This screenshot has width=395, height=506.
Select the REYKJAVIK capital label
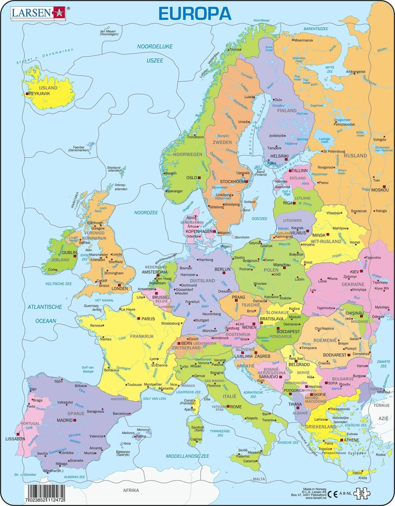41,93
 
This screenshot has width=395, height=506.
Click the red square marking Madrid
75,420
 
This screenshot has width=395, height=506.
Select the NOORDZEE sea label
146,213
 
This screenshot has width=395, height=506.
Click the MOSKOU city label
379,190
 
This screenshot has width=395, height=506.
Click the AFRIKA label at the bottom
131,490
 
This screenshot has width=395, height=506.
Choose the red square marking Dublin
75,256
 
